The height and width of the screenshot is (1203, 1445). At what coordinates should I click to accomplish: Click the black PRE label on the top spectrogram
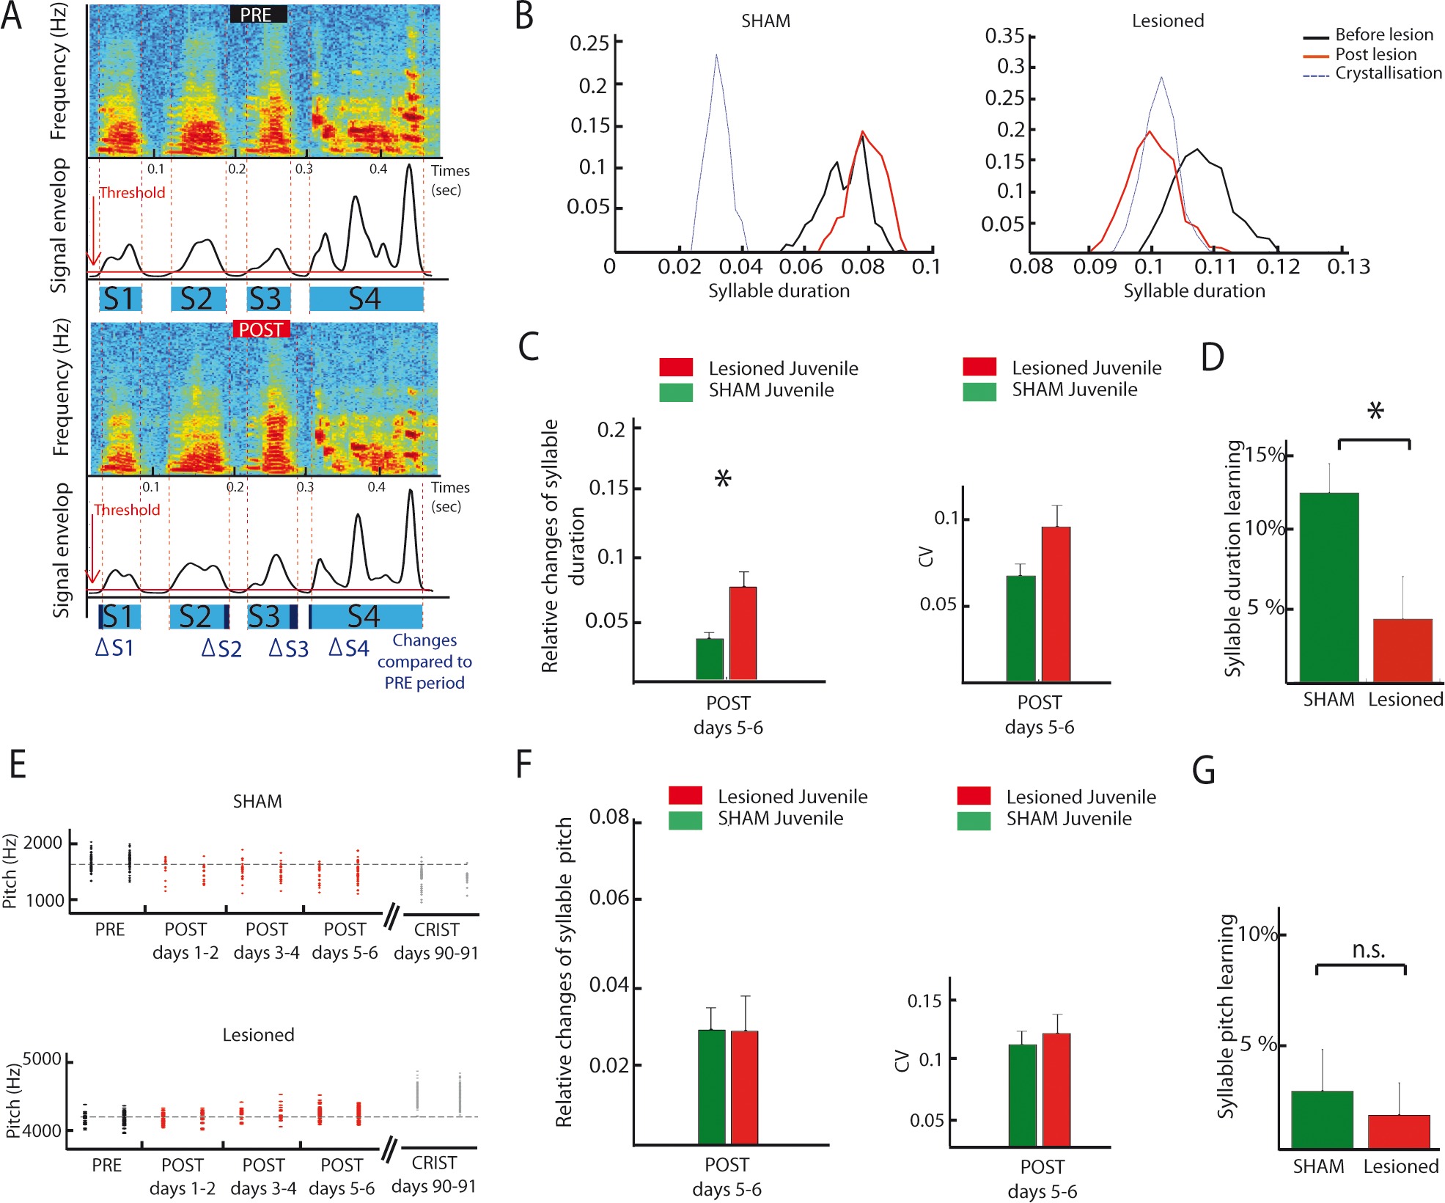tap(257, 15)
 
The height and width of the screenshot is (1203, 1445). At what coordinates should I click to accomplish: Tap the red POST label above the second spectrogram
tap(261, 330)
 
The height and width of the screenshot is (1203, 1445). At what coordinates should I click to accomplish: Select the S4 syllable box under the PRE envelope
tap(365, 299)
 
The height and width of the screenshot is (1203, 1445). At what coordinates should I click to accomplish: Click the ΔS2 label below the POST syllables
tap(221, 649)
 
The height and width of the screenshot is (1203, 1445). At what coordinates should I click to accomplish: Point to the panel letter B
tap(524, 16)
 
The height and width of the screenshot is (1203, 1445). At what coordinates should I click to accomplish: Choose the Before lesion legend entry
tap(1383, 34)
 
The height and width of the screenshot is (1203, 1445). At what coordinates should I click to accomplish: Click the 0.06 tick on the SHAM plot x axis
tap(801, 266)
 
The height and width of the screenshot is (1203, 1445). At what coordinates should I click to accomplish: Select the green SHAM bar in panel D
tap(1328, 587)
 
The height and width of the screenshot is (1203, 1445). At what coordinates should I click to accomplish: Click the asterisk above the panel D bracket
tap(1375, 412)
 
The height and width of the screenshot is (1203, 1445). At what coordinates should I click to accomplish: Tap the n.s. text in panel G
tap(1368, 951)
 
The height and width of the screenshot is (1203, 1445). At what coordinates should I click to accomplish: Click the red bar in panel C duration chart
tap(743, 633)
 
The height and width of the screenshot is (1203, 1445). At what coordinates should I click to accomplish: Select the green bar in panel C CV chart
tap(1021, 628)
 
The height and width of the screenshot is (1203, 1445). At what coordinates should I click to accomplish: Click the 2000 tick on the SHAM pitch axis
tap(43, 843)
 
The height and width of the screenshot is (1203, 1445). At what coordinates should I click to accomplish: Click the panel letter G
tap(1204, 771)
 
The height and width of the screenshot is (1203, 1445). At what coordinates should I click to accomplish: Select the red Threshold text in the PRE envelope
tap(132, 193)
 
